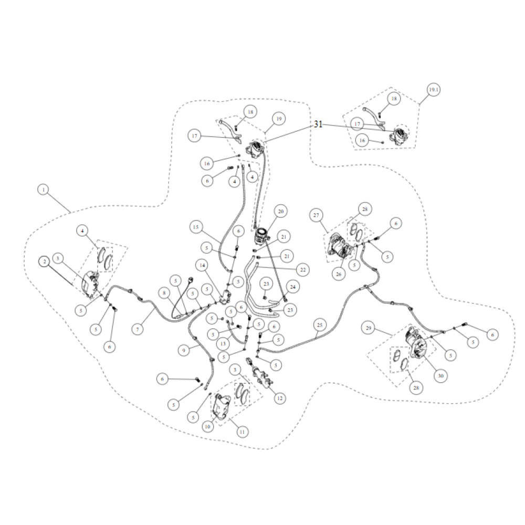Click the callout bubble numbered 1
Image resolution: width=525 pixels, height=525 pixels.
(43, 190)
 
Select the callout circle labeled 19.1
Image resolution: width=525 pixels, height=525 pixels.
(434, 90)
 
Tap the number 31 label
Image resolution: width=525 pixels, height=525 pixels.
(318, 124)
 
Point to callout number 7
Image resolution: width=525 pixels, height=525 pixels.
(137, 329)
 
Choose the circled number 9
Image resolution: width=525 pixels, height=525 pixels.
(183, 351)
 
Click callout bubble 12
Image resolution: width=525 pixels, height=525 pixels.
(280, 398)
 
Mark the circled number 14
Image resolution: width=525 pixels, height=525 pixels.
(202, 266)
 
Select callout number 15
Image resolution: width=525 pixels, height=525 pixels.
(196, 227)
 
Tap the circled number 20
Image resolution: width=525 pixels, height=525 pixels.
(280, 211)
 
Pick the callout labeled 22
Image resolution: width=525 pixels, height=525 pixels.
(303, 269)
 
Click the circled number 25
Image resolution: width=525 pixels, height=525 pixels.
(320, 325)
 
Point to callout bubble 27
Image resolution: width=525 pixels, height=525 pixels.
(316, 215)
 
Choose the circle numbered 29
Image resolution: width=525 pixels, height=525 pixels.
(369, 328)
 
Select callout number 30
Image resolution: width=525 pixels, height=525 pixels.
(440, 376)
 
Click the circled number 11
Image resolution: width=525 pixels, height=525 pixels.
(242, 432)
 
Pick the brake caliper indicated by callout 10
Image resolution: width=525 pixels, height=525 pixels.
(220, 406)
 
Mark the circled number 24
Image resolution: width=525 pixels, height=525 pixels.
(293, 287)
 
